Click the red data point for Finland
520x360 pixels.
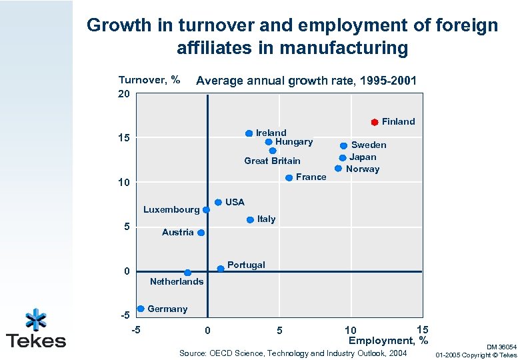coord(375,122)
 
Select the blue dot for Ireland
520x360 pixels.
coord(249,133)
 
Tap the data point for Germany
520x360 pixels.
coord(141,309)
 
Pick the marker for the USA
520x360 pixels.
coord(218,202)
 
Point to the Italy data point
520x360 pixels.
coord(250,219)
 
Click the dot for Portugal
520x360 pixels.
coord(221,268)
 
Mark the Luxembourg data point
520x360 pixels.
coord(206,209)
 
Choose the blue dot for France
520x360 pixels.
coord(289,177)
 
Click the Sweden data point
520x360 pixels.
coord(343,145)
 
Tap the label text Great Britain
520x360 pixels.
coord(272,161)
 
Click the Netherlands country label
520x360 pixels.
coord(177,281)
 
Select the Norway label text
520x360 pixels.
coord(363,169)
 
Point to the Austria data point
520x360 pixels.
coord(201,233)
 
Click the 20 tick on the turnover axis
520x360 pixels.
coord(124,94)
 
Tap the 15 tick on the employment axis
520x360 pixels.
coord(422,329)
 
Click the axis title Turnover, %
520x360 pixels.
coord(149,80)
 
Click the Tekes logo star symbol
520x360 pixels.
coord(35,319)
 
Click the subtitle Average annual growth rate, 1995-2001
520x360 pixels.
coord(307,81)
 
